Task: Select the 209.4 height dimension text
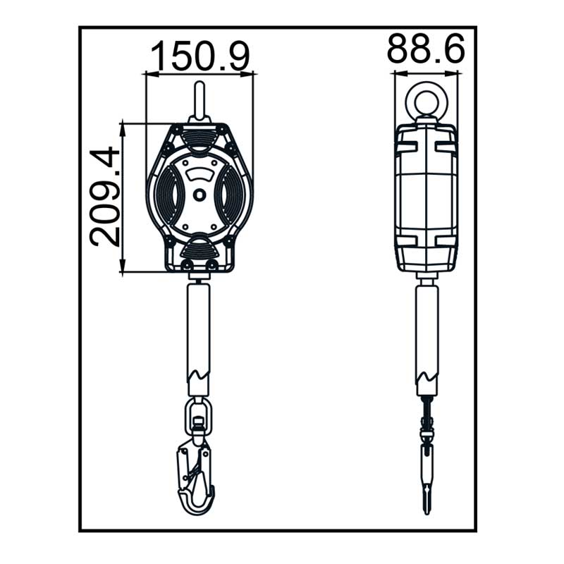click(x=104, y=197)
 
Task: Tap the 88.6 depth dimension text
click(x=426, y=48)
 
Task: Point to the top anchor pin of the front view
click(x=200, y=102)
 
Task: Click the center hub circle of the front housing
click(x=199, y=195)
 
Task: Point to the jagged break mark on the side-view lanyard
click(x=427, y=377)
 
